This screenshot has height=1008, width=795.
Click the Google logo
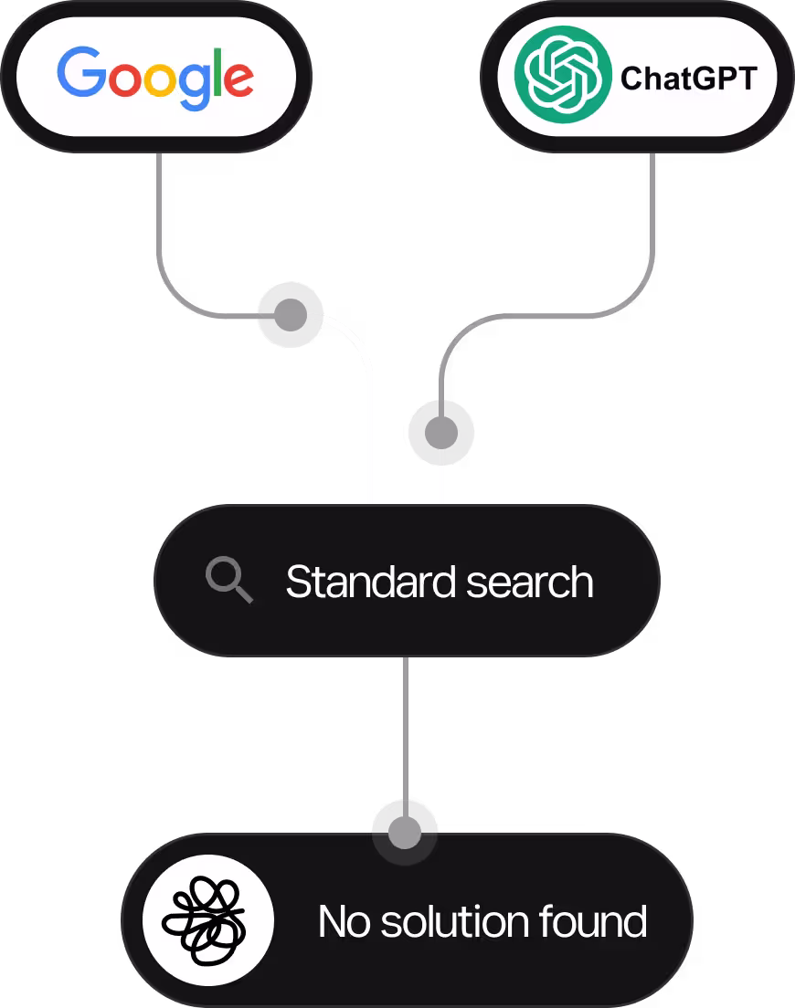pyautogui.click(x=154, y=77)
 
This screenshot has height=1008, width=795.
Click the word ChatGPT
pyautogui.click(x=688, y=79)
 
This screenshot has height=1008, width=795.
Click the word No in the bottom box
pyautogui.click(x=343, y=921)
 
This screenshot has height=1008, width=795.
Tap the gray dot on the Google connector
pyautogui.click(x=291, y=315)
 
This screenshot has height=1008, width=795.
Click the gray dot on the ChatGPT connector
pyautogui.click(x=441, y=432)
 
